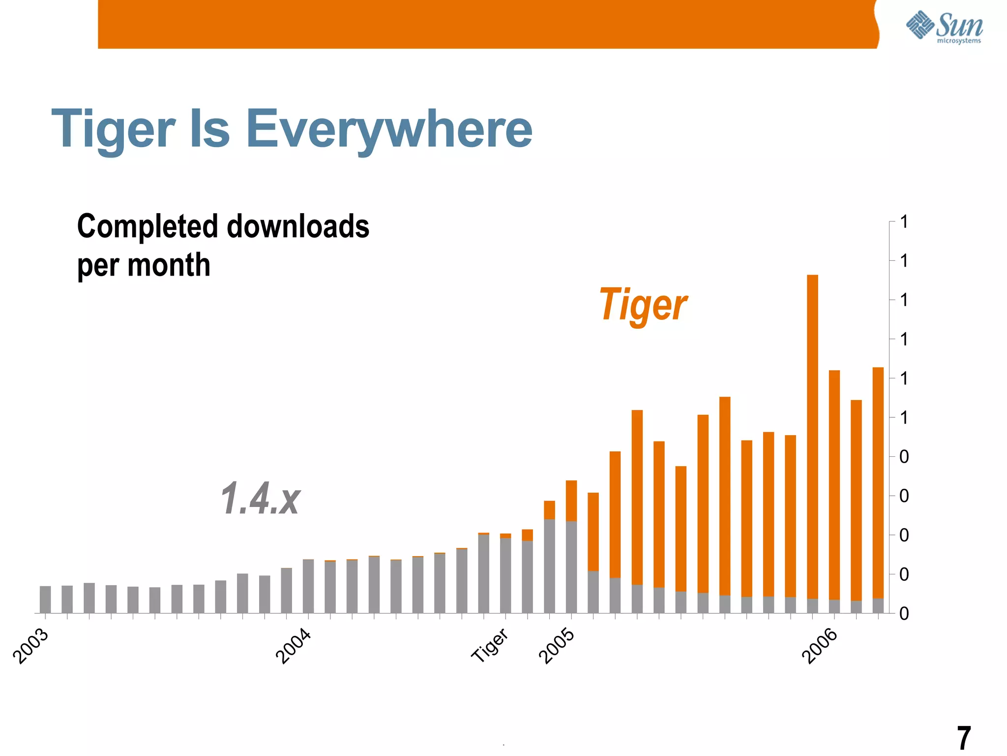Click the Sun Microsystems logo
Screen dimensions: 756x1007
point(944,27)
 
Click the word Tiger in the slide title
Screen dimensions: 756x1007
point(113,129)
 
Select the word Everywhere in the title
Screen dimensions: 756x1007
point(388,129)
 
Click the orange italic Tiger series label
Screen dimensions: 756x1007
point(643,305)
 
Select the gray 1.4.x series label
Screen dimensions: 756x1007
point(260,499)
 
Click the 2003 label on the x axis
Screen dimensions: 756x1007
point(31,646)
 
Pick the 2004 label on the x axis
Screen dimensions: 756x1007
point(294,646)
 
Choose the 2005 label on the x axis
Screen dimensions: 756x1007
point(557,646)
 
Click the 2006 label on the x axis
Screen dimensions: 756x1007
point(820,646)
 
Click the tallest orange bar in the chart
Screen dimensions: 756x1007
point(812,433)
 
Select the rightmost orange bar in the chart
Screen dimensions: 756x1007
point(878,482)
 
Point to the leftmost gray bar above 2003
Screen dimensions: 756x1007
point(45,599)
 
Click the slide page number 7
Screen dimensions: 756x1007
point(964,738)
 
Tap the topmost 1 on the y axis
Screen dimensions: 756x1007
point(904,222)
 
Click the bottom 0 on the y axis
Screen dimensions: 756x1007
point(904,614)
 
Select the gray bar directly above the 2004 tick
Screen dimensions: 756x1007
point(308,586)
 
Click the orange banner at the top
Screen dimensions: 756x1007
point(487,24)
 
